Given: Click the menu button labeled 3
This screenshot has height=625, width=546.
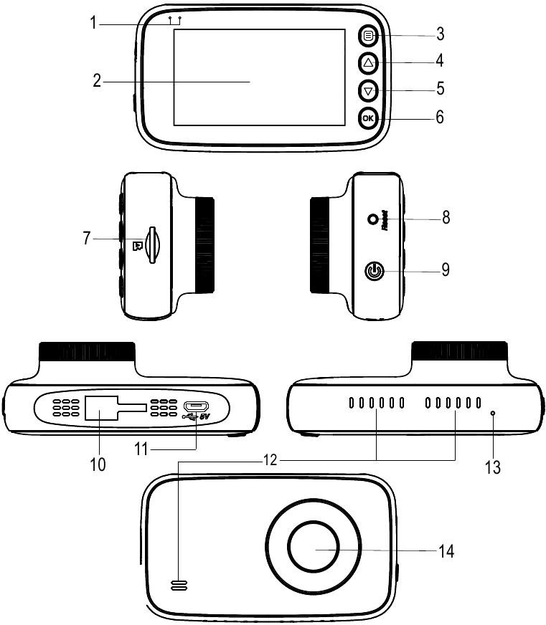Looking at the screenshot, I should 368,36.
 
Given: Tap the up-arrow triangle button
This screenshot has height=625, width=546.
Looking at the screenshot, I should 368,63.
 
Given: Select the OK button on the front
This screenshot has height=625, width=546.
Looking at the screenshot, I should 368,118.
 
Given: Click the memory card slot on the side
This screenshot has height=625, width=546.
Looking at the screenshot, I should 151,245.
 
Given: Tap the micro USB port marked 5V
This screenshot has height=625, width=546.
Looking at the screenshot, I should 194,406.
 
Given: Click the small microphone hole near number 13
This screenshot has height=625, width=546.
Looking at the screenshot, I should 493,414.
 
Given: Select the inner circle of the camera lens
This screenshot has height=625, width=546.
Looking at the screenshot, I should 314,549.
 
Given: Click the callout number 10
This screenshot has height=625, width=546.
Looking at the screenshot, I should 98,464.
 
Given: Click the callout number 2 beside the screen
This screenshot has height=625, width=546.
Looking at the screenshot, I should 97,81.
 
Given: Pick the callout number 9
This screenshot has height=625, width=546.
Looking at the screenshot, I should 446,270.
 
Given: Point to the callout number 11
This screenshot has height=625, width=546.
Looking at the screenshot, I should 141,450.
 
